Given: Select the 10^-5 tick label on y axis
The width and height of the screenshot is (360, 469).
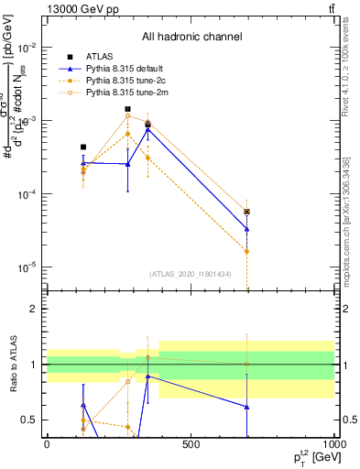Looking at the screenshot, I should pyautogui.click(x=27, y=267).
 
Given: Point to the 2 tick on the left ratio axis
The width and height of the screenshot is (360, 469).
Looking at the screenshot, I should pyautogui.click(x=35, y=310).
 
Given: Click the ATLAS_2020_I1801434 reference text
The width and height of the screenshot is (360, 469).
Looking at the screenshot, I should pyautogui.click(x=190, y=274).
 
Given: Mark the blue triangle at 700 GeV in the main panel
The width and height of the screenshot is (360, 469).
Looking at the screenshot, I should pyautogui.click(x=246, y=229).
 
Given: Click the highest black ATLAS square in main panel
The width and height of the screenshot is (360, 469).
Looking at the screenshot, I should pyautogui.click(x=127, y=109).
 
